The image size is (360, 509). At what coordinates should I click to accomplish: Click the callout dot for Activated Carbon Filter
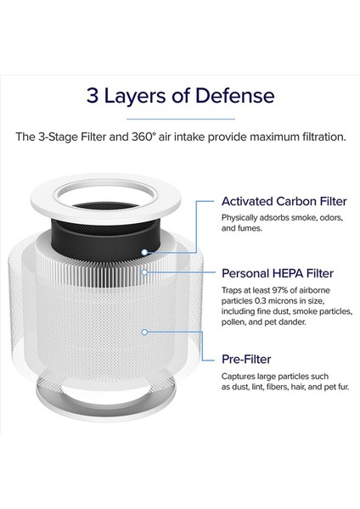pos(147,252)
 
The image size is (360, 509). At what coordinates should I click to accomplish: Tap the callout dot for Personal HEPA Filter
pos(148,272)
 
